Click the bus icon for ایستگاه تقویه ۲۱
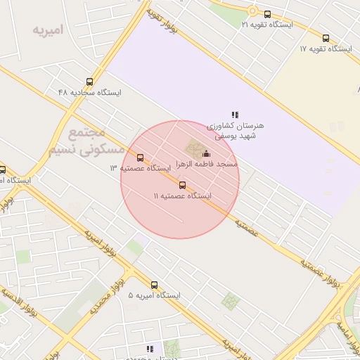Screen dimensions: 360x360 pyautogui.click(x=267, y=14)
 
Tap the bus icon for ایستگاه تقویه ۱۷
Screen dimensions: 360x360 pyautogui.click(x=326, y=39)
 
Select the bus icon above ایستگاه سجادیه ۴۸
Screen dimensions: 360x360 pyautogui.click(x=89, y=82)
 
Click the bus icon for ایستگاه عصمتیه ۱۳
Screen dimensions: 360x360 pyautogui.click(x=141, y=158)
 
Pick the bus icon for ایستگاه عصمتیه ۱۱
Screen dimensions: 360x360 pyautogui.click(x=183, y=185)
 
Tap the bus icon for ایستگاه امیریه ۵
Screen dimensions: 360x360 pyautogui.click(x=155, y=285)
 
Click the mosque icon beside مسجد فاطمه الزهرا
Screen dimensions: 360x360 pyautogui.click(x=206, y=153)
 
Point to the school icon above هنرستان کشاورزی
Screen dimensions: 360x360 pyautogui.click(x=235, y=115)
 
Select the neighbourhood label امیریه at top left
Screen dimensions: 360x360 pyautogui.click(x=48, y=30)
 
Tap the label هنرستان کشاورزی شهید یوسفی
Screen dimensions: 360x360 pyautogui.click(x=236, y=130)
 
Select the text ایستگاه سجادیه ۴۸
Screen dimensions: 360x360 pyautogui.click(x=90, y=93)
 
